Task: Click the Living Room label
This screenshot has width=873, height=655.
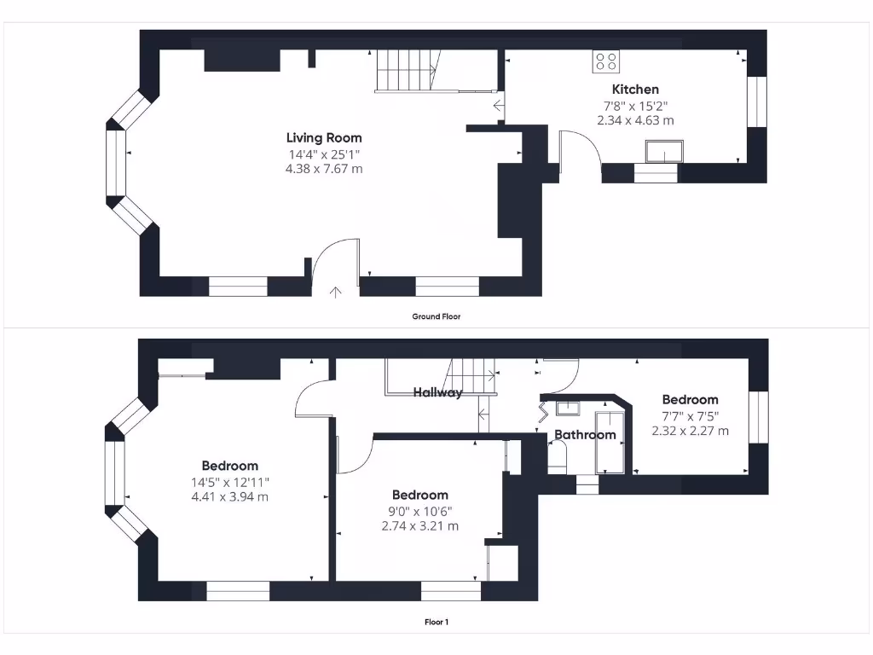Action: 323,137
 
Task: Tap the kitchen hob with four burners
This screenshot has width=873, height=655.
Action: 607,61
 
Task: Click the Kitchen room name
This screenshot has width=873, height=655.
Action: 635,89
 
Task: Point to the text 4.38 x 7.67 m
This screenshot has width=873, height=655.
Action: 323,169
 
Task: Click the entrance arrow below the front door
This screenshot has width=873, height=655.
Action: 335,293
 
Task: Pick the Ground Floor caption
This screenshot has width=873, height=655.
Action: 436,316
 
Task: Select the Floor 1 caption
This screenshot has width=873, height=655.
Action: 436,622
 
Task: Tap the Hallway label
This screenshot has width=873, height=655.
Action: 437,392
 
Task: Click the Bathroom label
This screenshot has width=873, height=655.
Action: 585,435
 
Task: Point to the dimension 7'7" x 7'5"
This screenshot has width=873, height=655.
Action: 690,416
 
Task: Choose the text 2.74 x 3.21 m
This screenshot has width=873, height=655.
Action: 419,526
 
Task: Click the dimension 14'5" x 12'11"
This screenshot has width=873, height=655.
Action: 229,482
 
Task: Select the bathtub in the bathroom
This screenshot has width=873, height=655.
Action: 610,442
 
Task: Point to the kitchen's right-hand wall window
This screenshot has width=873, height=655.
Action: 757,102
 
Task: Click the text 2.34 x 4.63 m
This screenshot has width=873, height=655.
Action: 635,121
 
